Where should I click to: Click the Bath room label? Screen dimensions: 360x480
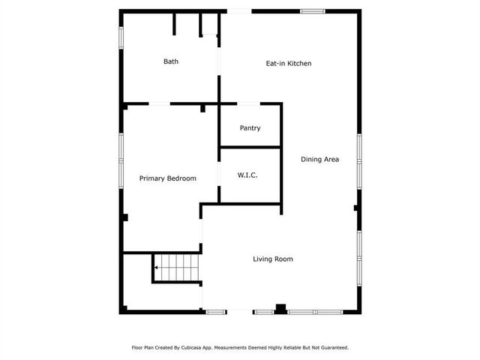[171, 61]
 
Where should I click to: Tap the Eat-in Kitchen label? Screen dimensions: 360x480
[289, 64]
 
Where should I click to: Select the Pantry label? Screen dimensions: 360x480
[250, 128]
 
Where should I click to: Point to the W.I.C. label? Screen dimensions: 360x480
[247, 175]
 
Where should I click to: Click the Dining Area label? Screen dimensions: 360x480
[320, 159]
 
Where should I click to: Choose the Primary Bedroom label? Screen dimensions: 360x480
[168, 178]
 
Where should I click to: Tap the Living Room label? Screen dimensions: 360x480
[272, 259]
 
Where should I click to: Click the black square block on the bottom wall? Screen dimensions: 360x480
[280, 307]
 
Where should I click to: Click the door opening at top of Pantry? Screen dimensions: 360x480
[250, 103]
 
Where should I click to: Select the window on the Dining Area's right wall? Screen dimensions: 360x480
[359, 159]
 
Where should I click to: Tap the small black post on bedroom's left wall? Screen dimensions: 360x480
[125, 217]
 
